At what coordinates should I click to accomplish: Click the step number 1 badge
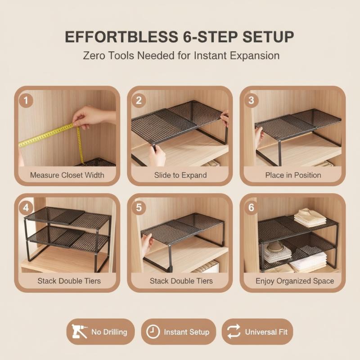pos(26,100)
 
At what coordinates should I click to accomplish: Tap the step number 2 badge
pos(139,100)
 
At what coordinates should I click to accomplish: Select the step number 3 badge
pos(251,100)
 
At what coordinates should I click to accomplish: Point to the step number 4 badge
pos(26,208)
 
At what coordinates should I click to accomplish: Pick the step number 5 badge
pos(139,208)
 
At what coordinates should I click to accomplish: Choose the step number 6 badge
pos(251,207)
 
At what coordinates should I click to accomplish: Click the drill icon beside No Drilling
pos(79,331)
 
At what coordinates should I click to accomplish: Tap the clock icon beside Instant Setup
pos(153,332)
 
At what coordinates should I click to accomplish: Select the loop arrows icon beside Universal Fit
pos(234,331)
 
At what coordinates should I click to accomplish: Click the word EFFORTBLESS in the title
pos(121,37)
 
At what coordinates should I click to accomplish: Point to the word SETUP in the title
pos(268,37)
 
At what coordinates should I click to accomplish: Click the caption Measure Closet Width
pos(67,175)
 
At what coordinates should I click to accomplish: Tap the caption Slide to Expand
pos(180,175)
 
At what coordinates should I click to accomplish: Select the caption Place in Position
pos(293,175)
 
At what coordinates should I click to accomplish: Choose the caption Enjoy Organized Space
pos(295,281)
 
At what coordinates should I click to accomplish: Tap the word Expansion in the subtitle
pos(255,56)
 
